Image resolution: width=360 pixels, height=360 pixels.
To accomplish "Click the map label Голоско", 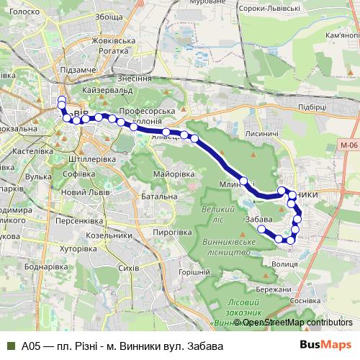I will click(24, 12).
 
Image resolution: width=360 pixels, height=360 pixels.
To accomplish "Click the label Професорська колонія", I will click(147, 117).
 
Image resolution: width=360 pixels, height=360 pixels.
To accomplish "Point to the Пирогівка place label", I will click(171, 232).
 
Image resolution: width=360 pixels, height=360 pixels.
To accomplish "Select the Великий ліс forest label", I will click(217, 212).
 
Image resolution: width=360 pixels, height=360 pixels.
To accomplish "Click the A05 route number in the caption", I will click(30, 346).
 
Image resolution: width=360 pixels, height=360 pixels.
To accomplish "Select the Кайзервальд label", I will click(109, 91).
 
